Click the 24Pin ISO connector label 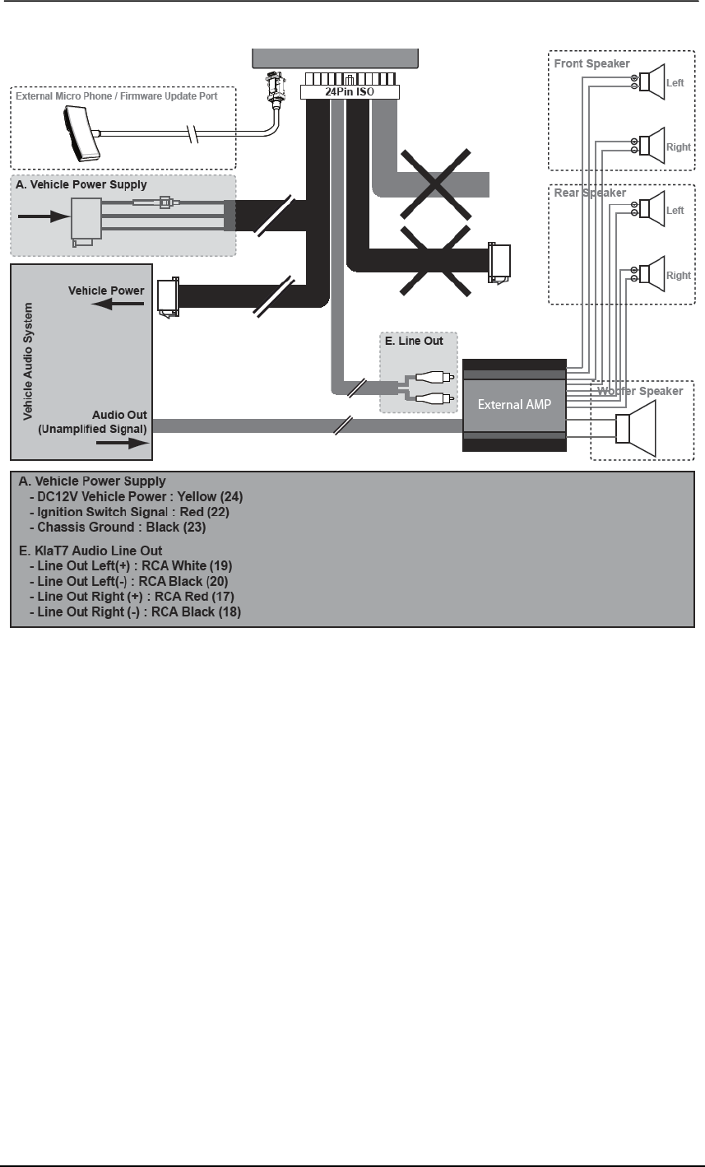click(350, 92)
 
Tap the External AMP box click(514, 404)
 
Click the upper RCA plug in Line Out click(430, 379)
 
